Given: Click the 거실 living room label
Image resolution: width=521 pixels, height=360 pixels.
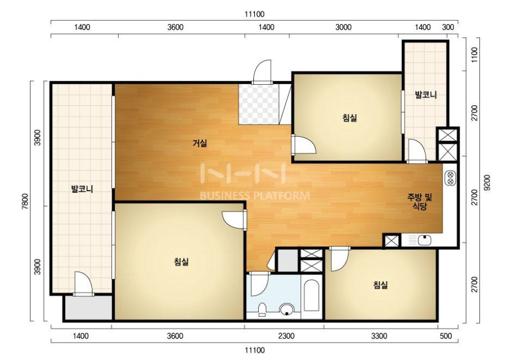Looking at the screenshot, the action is (200, 143).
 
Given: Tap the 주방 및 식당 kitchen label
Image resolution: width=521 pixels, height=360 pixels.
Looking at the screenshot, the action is (420, 202).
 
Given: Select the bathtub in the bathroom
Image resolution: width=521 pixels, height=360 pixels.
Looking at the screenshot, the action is (311, 296).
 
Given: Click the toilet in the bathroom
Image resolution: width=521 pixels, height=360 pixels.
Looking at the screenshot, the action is (262, 309).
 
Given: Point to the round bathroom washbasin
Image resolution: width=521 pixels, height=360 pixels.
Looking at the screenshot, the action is (287, 310).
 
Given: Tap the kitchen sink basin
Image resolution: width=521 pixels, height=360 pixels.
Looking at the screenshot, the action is (425, 240).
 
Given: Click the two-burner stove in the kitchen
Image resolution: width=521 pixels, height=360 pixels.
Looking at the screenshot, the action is (450, 177).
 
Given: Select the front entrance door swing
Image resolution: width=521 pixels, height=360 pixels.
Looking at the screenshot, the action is (262, 71).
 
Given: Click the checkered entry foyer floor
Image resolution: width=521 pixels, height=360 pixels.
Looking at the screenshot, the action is (258, 104).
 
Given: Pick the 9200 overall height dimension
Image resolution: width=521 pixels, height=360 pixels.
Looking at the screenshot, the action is (487, 182).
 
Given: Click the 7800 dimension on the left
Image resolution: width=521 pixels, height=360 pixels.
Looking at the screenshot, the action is (26, 201).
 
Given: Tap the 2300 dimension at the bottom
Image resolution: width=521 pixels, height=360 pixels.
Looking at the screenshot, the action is (286, 336).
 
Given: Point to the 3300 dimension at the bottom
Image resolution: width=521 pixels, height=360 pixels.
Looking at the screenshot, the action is (379, 336).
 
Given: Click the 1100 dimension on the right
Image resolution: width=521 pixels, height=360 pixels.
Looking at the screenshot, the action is (474, 54).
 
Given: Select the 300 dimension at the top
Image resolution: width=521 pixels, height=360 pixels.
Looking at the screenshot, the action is (448, 27).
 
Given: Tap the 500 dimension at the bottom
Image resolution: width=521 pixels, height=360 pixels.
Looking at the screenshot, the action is (446, 336).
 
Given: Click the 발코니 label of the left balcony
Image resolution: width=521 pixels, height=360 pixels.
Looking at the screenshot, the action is (82, 189).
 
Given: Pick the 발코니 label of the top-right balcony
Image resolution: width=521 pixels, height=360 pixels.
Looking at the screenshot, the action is (426, 95).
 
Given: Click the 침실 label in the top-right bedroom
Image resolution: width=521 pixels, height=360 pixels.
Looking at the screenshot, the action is (350, 117).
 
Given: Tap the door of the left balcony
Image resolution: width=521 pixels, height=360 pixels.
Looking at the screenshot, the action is (83, 283).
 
